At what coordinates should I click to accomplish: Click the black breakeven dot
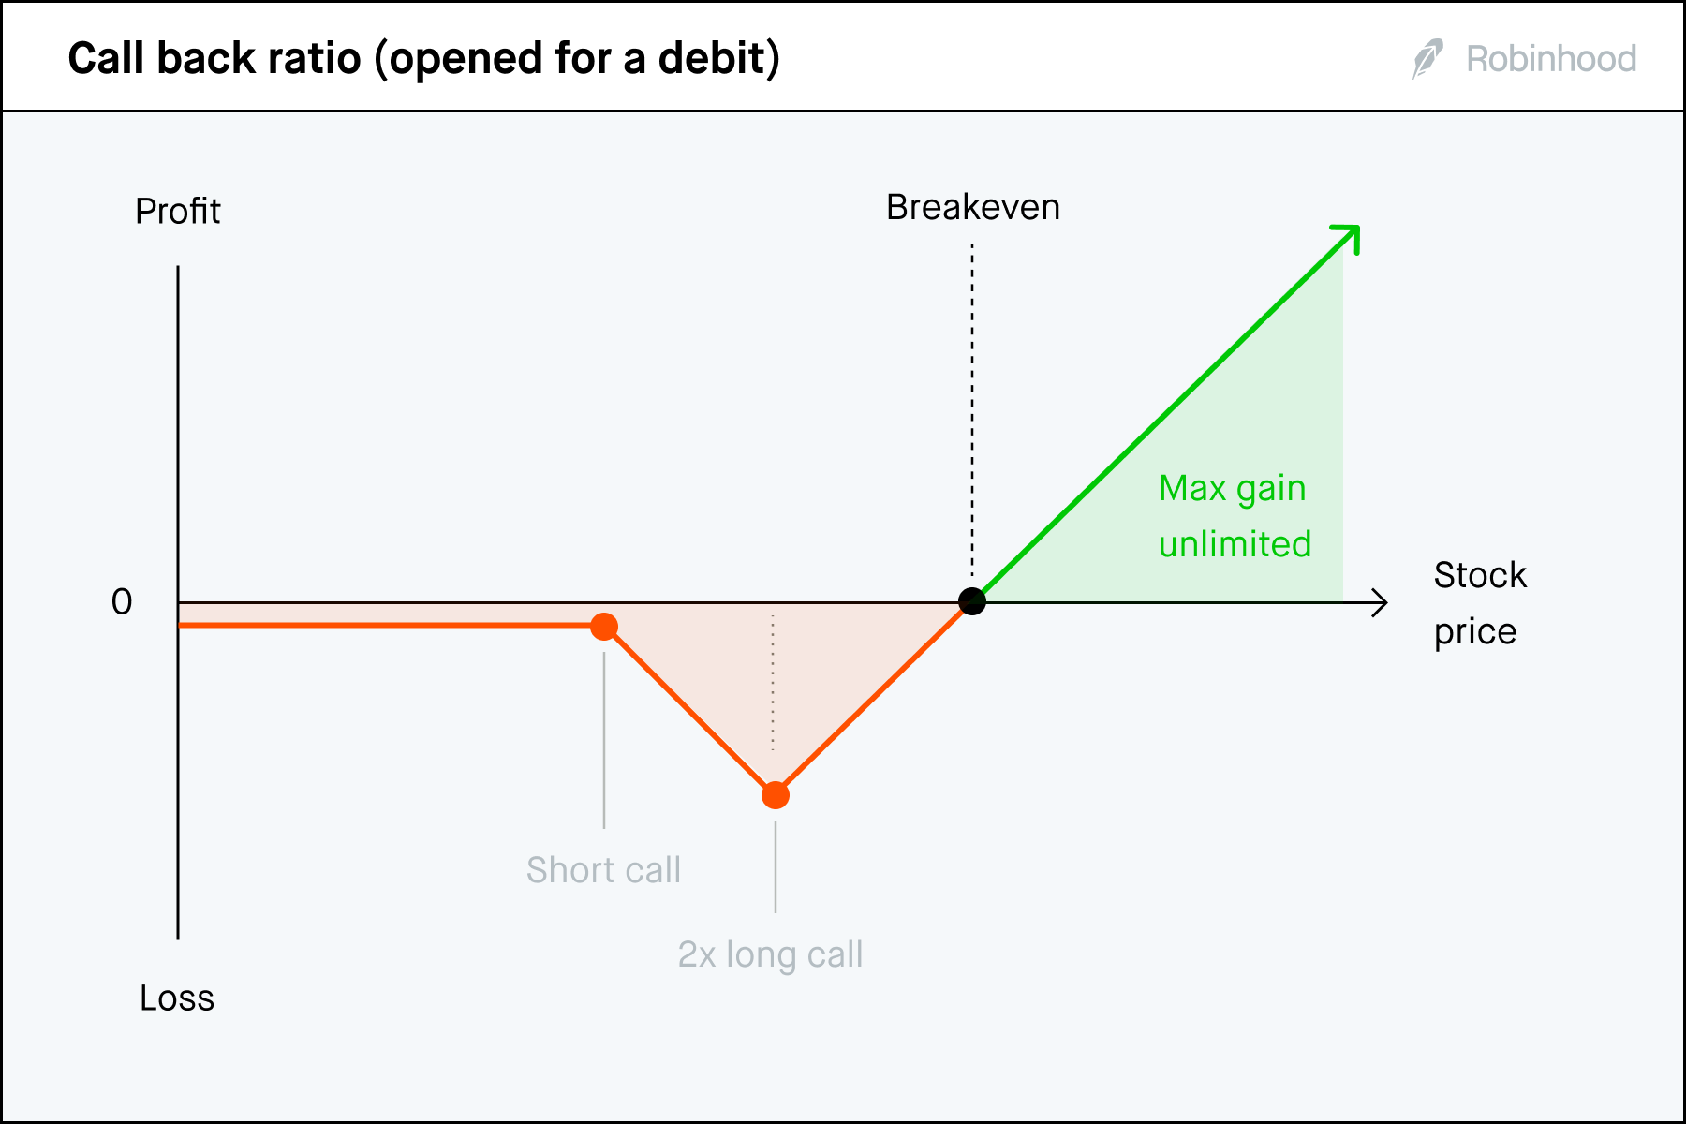pyautogui.click(x=972, y=601)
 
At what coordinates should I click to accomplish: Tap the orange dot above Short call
pyautogui.click(x=604, y=627)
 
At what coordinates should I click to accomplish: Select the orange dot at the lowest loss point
pyautogui.click(x=776, y=795)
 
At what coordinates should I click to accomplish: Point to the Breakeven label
pyautogui.click(x=972, y=207)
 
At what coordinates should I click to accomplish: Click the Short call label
pyautogui.click(x=603, y=870)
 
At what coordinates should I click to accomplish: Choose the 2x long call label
pyautogui.click(x=770, y=954)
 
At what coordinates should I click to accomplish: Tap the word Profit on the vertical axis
pyautogui.click(x=177, y=212)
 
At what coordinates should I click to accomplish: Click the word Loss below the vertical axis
pyautogui.click(x=177, y=998)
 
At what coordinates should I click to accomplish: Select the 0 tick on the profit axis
pyautogui.click(x=122, y=601)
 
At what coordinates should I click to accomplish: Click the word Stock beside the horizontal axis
pyautogui.click(x=1480, y=575)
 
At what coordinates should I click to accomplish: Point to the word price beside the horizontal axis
pyautogui.click(x=1474, y=632)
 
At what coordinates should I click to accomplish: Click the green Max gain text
pyautogui.click(x=1232, y=488)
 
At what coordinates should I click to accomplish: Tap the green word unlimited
pyautogui.click(x=1235, y=544)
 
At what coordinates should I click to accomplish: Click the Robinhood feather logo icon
pyautogui.click(x=1427, y=59)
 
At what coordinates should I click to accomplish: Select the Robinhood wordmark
pyautogui.click(x=1551, y=59)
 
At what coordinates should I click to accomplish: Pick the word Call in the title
pyautogui.click(x=108, y=59)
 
